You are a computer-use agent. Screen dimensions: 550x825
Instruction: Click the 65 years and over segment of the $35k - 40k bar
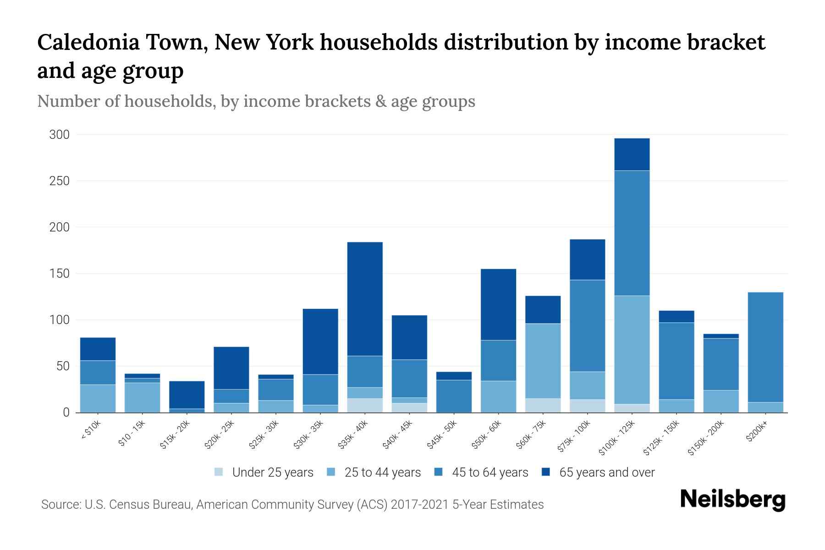click(365, 299)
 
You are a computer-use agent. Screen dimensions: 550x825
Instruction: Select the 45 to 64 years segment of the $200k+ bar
click(765, 347)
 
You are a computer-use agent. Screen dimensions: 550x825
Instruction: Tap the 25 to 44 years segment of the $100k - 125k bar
click(632, 350)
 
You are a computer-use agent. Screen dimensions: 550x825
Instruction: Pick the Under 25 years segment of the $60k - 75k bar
click(543, 405)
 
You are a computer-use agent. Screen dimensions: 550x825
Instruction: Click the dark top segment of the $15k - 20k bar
click(187, 395)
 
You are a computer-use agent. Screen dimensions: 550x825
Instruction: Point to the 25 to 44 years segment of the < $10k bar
click(98, 398)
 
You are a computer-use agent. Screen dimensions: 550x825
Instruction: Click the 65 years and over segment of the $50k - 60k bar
click(498, 304)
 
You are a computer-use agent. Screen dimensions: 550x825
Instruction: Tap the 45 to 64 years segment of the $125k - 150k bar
click(676, 361)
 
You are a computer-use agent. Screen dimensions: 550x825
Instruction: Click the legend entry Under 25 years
click(272, 473)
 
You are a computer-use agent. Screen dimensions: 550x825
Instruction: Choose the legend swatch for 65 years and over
click(546, 472)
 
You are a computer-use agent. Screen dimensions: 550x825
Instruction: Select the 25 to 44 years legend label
click(382, 473)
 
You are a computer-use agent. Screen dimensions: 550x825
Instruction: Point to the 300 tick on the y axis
click(60, 135)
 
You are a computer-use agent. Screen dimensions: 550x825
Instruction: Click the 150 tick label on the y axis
click(60, 274)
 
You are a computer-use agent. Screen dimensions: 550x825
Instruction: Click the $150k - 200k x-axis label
click(706, 439)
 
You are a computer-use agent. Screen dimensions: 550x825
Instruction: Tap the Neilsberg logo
click(732, 500)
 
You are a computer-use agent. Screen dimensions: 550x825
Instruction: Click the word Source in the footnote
click(60, 505)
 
